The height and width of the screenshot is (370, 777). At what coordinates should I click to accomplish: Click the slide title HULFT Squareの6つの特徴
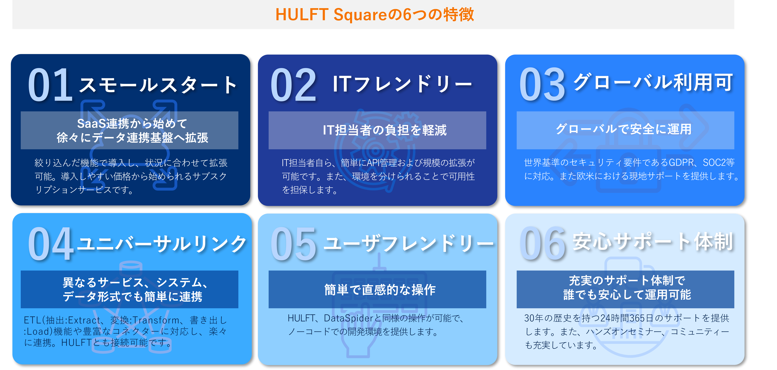[x=375, y=14]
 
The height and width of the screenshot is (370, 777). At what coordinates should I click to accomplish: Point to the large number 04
[x=51, y=244]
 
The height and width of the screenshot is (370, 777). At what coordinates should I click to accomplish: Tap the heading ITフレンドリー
[x=402, y=84]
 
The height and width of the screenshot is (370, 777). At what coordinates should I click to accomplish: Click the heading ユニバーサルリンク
[x=162, y=244]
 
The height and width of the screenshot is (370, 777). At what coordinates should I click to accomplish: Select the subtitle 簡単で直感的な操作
[x=380, y=289]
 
